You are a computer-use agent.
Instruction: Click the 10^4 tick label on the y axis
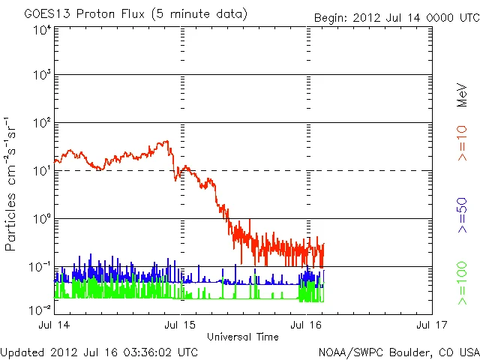pos(41,30)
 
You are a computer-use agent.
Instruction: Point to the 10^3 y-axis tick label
pos(41,76)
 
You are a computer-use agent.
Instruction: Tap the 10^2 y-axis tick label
pos(41,123)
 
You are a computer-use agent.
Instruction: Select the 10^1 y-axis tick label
pos(41,171)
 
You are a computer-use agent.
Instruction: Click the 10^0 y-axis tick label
pos(41,219)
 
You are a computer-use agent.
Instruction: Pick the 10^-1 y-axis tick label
pos(40,267)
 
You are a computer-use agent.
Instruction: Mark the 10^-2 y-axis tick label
pos(40,308)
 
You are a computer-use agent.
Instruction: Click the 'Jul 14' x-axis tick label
pos(55,325)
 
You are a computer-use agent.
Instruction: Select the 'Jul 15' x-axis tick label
pos(181,325)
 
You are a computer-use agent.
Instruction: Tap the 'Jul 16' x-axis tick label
pos(306,325)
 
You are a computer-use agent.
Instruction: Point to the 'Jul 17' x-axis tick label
pos(431,325)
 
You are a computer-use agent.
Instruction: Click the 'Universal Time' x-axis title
pos(243,337)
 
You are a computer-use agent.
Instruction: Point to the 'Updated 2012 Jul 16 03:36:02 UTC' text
pos(99,351)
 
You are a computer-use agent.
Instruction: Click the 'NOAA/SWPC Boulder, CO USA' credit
pos(398,351)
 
